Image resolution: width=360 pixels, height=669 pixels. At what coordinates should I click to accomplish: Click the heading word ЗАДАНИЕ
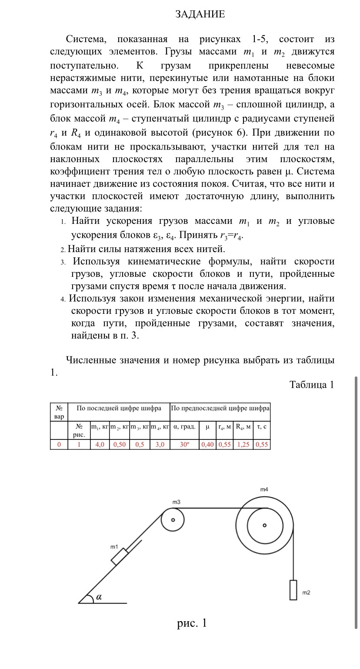(200, 14)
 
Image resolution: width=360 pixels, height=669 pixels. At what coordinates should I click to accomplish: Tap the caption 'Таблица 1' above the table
(311, 385)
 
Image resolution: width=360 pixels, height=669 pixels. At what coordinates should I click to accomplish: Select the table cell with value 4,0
(100, 445)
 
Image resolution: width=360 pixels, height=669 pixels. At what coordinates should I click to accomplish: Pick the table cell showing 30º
(184, 445)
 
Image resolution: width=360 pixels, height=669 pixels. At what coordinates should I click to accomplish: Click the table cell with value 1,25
(243, 445)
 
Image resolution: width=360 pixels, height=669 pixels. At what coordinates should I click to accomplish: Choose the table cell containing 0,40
(207, 445)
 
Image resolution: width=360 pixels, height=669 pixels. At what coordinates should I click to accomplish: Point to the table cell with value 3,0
(160, 445)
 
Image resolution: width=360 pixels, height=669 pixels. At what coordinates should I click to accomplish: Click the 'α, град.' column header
(184, 427)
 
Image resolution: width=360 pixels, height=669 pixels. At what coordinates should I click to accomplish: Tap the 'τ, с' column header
(262, 427)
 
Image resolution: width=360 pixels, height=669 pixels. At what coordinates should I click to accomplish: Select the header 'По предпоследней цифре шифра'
(220, 409)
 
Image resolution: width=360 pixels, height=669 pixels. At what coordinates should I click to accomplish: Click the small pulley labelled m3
(173, 520)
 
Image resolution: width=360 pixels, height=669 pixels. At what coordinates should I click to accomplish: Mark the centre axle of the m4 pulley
(264, 525)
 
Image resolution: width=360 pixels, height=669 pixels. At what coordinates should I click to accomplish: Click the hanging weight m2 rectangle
(293, 590)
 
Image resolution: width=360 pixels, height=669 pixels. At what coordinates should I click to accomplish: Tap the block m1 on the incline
(120, 557)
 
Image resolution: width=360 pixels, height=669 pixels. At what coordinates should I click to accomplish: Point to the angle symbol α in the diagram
(99, 597)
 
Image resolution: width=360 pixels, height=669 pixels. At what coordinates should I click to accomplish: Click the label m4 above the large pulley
(264, 489)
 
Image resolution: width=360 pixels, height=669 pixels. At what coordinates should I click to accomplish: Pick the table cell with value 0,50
(120, 445)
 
